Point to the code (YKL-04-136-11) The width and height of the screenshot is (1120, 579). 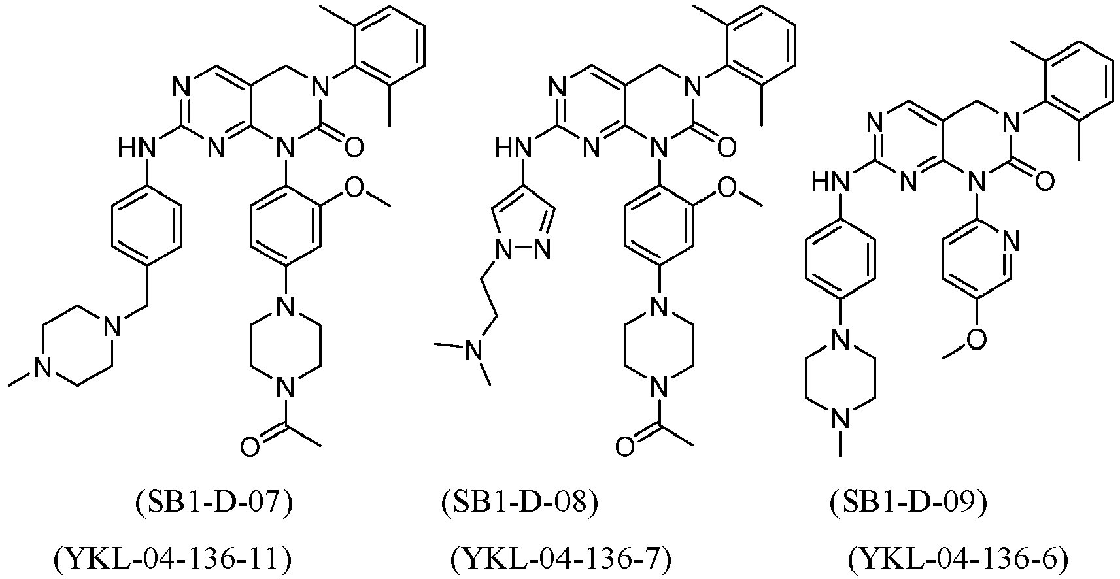point(173,559)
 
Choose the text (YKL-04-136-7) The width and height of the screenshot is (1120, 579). point(561,559)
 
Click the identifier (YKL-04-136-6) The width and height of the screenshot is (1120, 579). point(959,559)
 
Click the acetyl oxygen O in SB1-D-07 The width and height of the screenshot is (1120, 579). point(250,446)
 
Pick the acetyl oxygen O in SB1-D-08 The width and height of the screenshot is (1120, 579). point(625,446)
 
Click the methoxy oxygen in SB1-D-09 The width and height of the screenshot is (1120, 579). point(976,339)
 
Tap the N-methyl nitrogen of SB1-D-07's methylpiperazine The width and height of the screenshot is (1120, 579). point(43,369)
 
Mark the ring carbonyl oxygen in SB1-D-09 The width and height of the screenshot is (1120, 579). point(1045,181)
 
